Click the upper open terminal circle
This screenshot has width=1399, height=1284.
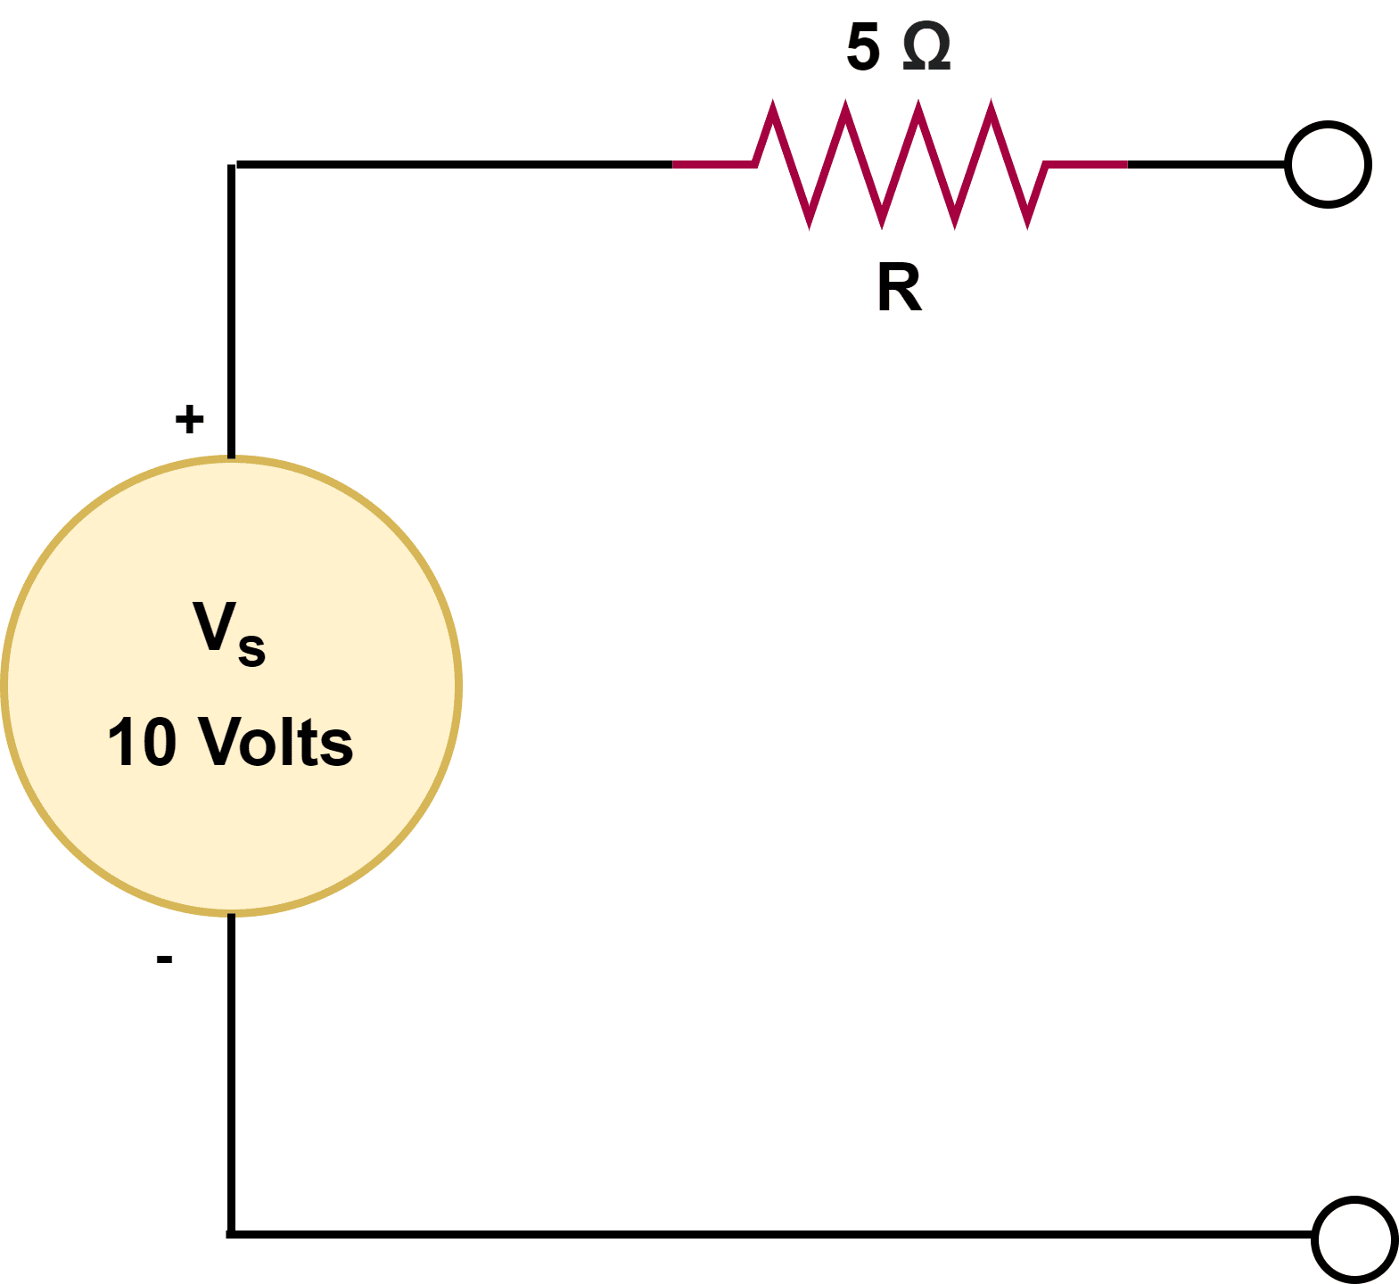[x=1328, y=165]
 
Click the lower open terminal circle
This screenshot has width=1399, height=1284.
[x=1354, y=1239]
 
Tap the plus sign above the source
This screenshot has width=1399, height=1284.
[x=189, y=419]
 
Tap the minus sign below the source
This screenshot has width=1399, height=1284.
[x=164, y=959]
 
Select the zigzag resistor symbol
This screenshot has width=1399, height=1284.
[x=901, y=165]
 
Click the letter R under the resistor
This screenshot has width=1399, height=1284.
[x=899, y=289]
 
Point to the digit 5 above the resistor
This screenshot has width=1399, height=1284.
[x=863, y=48]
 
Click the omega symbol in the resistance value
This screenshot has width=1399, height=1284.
[x=926, y=48]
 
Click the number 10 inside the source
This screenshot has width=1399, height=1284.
[x=142, y=742]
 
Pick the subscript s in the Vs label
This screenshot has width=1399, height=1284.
[x=251, y=648]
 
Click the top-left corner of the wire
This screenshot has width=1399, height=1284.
[x=232, y=165]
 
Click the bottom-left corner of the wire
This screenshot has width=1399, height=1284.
[x=232, y=1234]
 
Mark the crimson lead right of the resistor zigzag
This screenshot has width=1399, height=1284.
[x=1086, y=165]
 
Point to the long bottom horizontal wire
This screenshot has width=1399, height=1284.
[x=767, y=1234]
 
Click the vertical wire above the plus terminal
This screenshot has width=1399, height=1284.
[x=232, y=312]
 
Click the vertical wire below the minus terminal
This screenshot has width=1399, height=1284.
[x=232, y=1070]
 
